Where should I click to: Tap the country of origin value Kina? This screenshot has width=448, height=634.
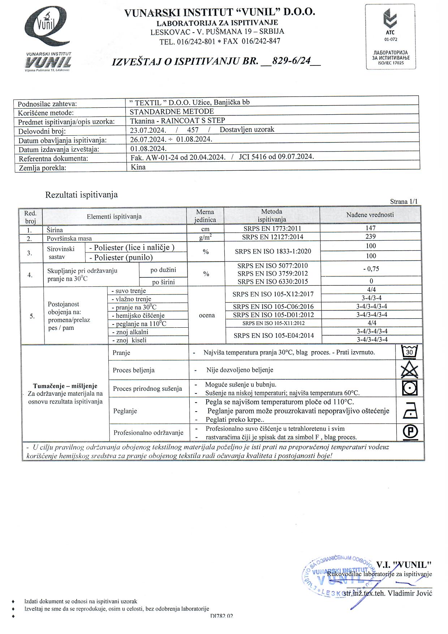(138, 167)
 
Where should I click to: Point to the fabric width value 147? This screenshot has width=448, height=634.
(370, 228)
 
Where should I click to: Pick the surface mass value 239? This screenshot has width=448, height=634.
(370, 237)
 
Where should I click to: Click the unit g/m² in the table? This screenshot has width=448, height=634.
(205, 237)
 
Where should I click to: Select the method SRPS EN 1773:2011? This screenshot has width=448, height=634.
(272, 229)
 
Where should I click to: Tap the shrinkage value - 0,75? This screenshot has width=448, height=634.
(371, 269)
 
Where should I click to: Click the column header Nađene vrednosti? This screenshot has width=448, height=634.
(370, 215)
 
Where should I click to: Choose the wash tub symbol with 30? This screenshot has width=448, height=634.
(410, 352)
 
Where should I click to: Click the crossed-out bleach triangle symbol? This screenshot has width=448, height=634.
(410, 370)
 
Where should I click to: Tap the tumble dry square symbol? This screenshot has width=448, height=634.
(410, 388)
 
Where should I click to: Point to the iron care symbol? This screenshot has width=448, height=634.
(410, 411)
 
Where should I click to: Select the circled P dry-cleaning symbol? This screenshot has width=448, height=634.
(410, 432)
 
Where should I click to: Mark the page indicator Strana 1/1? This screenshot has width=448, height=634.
(404, 201)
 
